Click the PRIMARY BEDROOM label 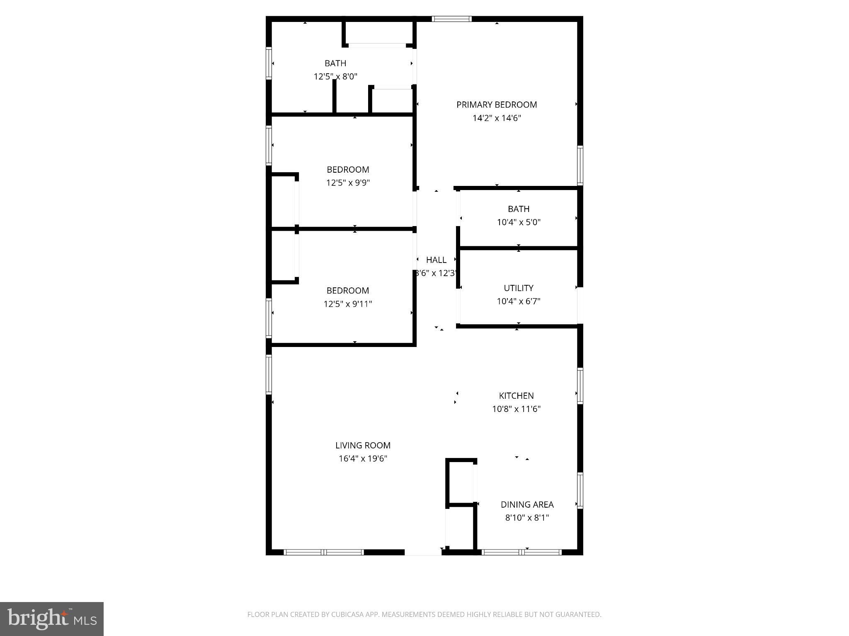496,105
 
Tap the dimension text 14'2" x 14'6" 496,118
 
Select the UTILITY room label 518,288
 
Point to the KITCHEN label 516,395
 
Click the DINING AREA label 527,504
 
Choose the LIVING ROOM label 363,445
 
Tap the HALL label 436,260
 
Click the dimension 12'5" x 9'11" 347,304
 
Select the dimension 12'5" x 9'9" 347,183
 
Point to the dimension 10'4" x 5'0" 518,222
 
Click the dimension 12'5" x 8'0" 335,77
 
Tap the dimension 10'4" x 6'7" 518,301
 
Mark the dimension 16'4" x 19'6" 363,458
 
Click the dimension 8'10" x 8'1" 527,518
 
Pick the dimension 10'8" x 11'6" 516,409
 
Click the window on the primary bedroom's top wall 451,19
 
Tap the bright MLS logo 52,619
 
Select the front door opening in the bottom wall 423,552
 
